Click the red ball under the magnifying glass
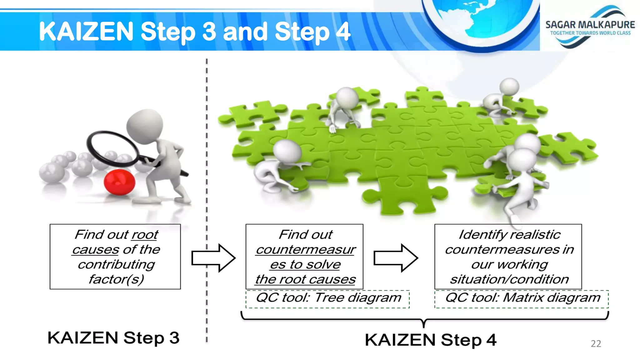click(119, 182)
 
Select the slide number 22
click(596, 344)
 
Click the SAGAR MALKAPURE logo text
click(590, 25)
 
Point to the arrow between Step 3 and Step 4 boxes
click(213, 258)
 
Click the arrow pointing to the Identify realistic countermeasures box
click(396, 258)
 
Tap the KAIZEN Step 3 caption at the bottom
click(113, 338)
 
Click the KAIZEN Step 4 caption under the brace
click(430, 340)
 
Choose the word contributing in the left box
click(116, 265)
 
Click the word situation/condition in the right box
click(509, 279)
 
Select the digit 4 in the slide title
click(343, 32)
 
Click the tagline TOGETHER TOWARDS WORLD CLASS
click(590, 33)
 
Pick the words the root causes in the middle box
click(305, 279)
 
